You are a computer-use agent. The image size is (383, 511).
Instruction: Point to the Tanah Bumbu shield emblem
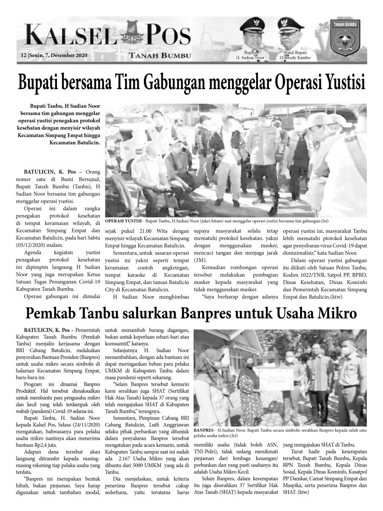tap(345, 39)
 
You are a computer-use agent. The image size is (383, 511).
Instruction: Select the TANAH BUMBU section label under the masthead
tap(160, 55)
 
